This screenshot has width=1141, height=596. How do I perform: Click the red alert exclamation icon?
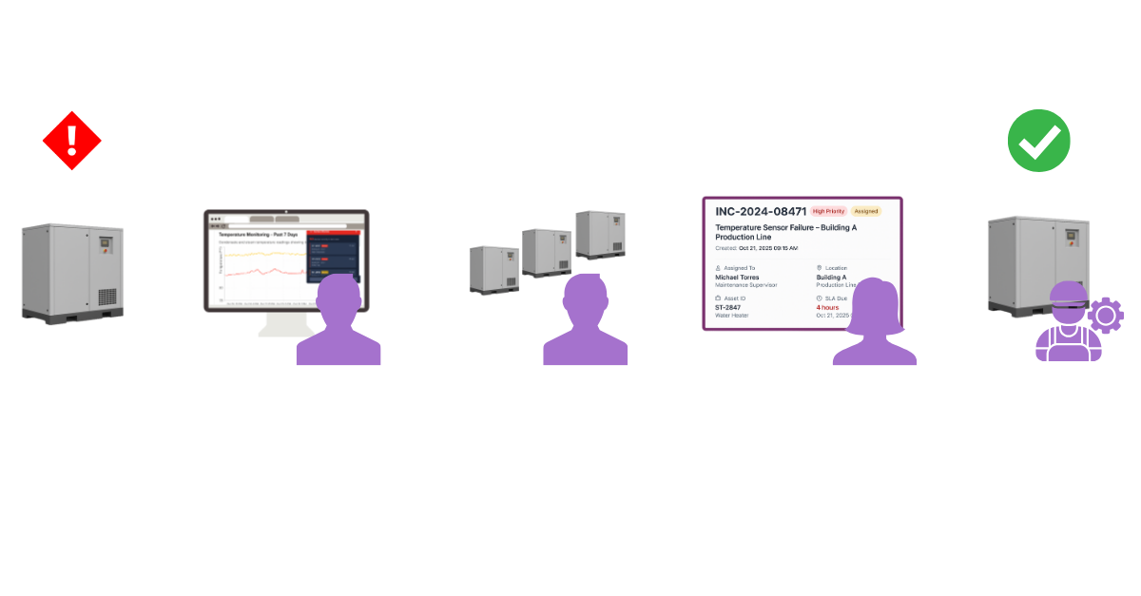(71, 141)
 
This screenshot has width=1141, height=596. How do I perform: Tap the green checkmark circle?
(1039, 141)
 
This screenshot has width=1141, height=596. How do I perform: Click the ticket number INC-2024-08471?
(761, 210)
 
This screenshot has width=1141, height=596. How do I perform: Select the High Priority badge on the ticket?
(828, 211)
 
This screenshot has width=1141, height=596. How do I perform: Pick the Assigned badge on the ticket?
(866, 211)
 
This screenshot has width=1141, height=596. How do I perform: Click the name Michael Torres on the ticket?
(737, 278)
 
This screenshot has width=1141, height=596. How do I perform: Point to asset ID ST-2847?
(728, 307)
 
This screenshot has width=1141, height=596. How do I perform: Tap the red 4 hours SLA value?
(830, 307)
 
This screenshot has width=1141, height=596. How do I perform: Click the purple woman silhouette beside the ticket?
(874, 323)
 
